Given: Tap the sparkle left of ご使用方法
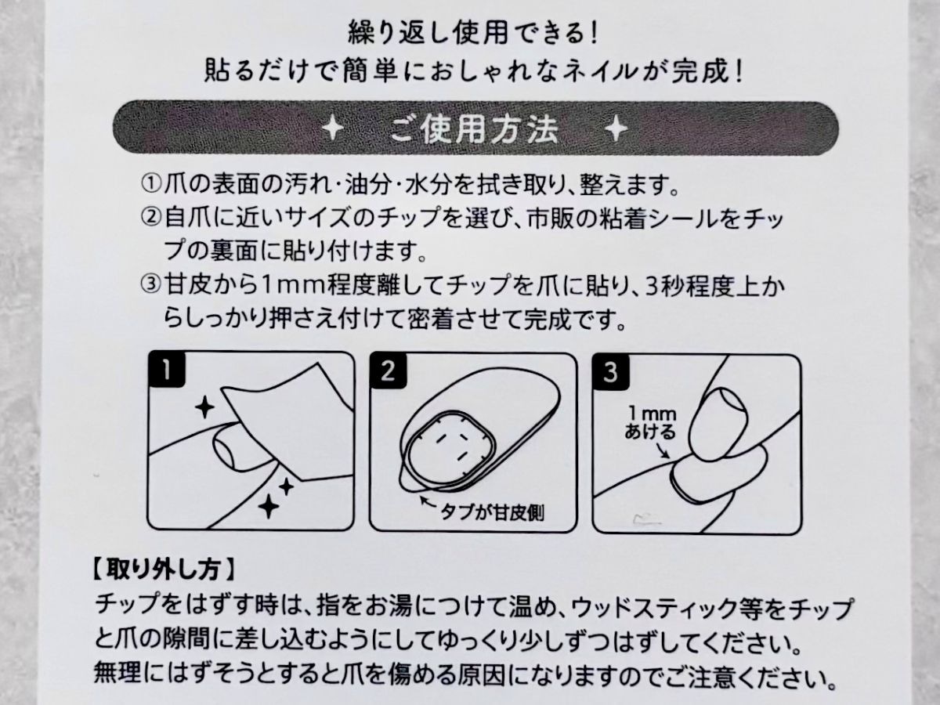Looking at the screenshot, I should coord(334,128).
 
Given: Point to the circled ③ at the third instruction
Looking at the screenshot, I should coord(150,287).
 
